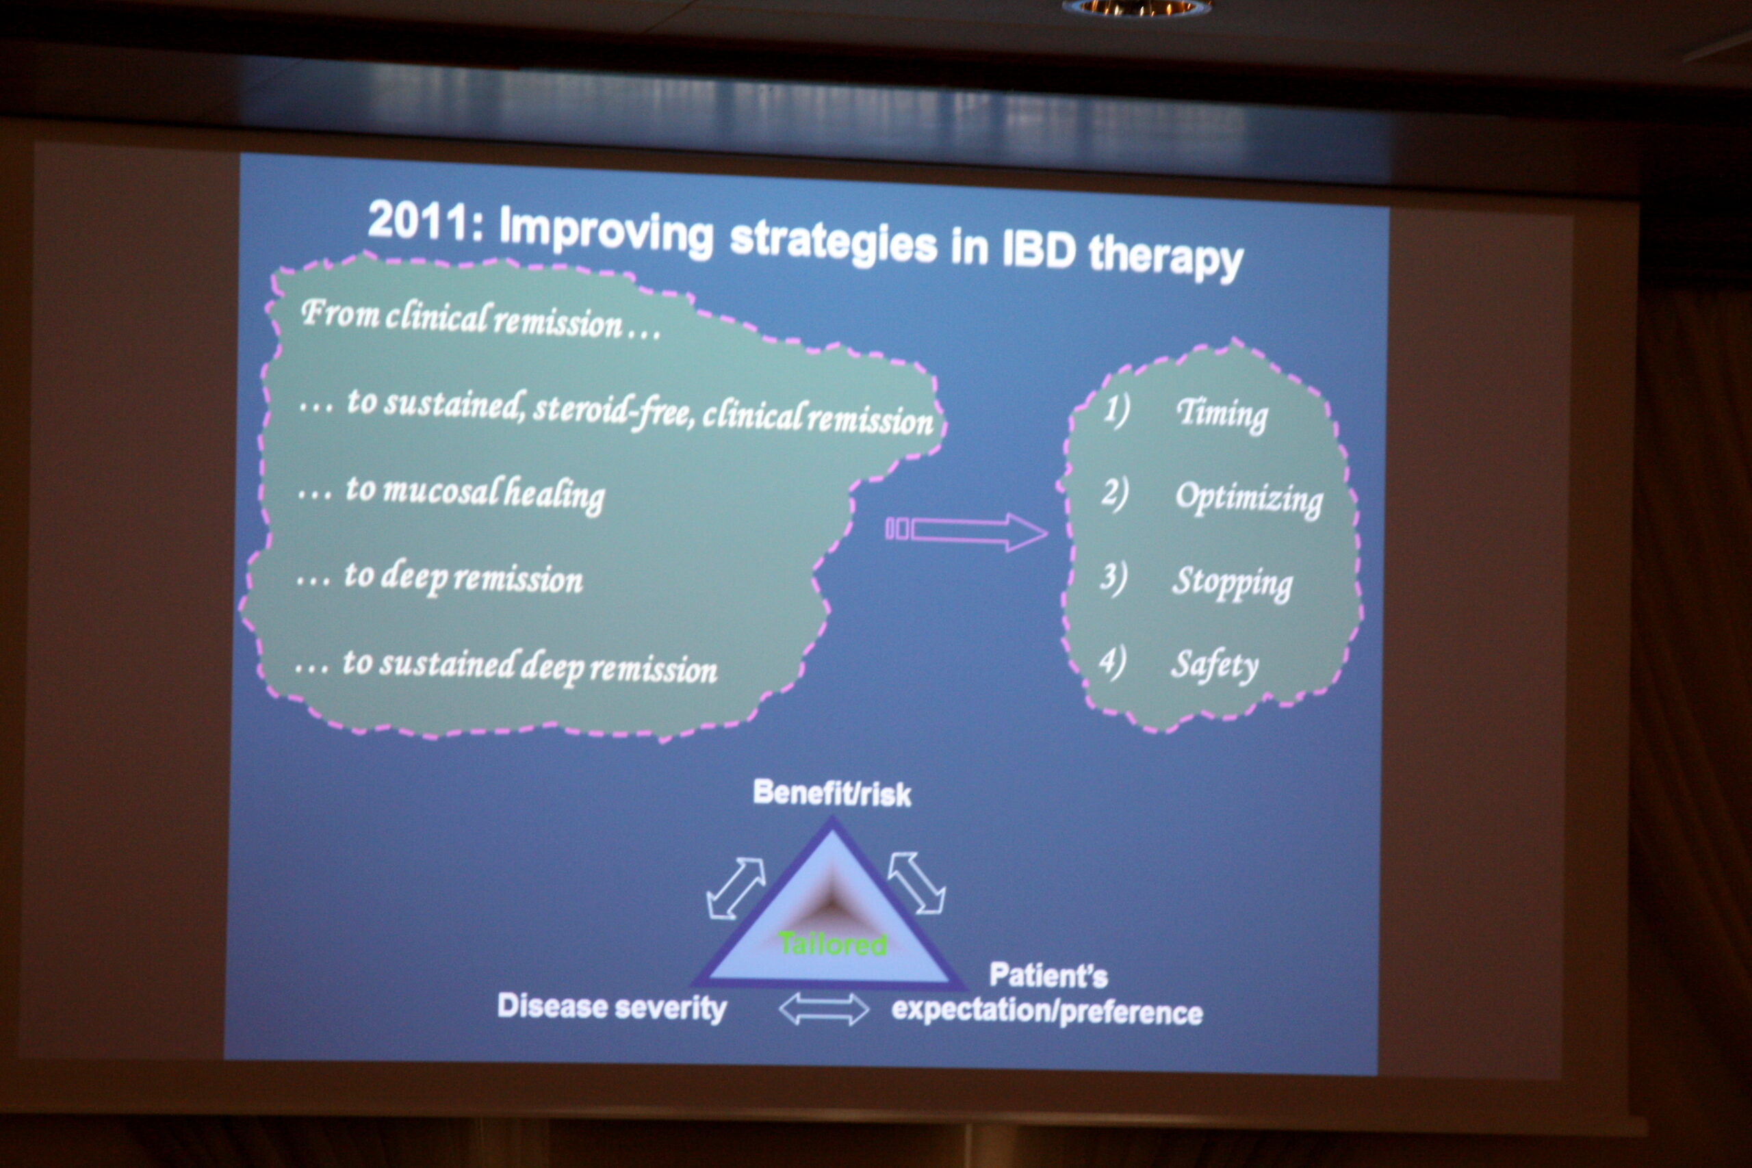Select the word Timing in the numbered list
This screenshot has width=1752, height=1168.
[x=1222, y=414]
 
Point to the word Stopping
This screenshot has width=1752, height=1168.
[x=1232, y=582]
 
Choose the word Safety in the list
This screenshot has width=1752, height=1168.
[x=1214, y=665]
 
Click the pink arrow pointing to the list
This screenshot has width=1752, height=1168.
[x=966, y=531]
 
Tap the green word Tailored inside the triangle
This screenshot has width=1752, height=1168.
[x=832, y=944]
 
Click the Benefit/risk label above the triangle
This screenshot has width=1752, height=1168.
[x=832, y=793]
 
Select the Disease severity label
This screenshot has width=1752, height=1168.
[x=612, y=1007]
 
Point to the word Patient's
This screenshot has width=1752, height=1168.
[x=1048, y=975]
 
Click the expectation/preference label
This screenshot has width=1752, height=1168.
[x=1046, y=1011]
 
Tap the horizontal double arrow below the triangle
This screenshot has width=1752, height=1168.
[x=823, y=1009]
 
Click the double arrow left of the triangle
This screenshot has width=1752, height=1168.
[x=735, y=888]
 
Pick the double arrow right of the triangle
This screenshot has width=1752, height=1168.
[x=917, y=883]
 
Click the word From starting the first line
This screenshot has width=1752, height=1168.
[x=340, y=313]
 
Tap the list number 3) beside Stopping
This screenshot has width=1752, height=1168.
[x=1113, y=579]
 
